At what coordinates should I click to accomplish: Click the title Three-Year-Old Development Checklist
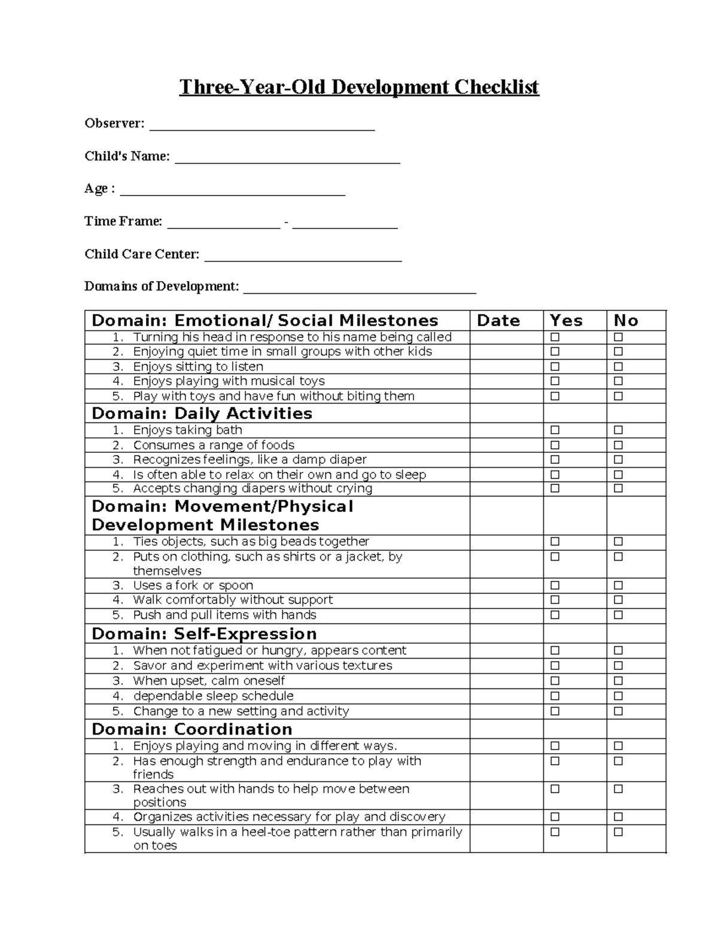(x=359, y=87)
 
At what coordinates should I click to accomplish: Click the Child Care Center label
(x=142, y=254)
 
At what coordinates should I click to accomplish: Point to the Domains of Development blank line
(x=360, y=290)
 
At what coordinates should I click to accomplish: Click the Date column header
(x=498, y=321)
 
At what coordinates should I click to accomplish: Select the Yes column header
(x=566, y=321)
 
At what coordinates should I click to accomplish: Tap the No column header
(x=626, y=321)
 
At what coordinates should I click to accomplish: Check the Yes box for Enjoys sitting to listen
(x=555, y=367)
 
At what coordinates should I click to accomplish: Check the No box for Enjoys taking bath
(x=618, y=430)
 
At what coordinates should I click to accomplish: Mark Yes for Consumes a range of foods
(x=555, y=445)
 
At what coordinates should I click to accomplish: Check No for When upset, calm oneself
(x=618, y=681)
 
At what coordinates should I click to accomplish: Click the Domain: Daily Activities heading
(x=202, y=414)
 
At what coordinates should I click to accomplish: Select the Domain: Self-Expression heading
(x=204, y=634)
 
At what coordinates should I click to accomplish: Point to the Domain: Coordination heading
(x=191, y=729)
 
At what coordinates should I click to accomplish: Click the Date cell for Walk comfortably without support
(x=506, y=600)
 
